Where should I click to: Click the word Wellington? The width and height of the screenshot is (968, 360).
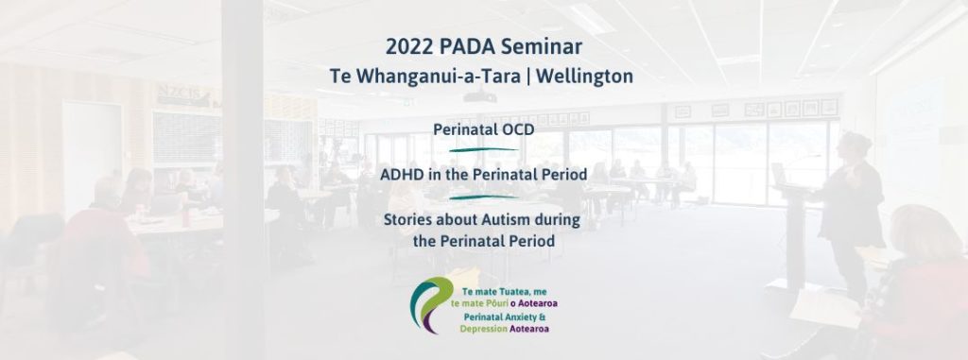click(x=584, y=77)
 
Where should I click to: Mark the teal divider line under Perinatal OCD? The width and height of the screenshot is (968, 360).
click(x=483, y=149)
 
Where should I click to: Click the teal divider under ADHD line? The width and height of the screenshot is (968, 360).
click(x=483, y=197)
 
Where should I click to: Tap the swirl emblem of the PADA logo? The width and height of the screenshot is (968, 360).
click(x=433, y=304)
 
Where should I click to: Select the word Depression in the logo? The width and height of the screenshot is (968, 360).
click(x=483, y=329)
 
